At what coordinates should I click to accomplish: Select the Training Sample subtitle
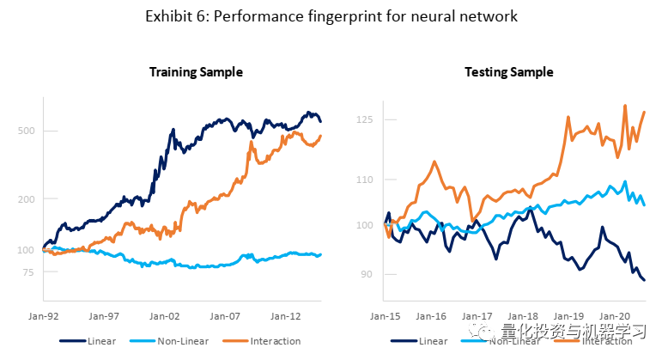coord(196,72)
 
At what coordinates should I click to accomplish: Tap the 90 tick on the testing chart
coord(367,275)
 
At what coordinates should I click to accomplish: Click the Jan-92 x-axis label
coord(44,315)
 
